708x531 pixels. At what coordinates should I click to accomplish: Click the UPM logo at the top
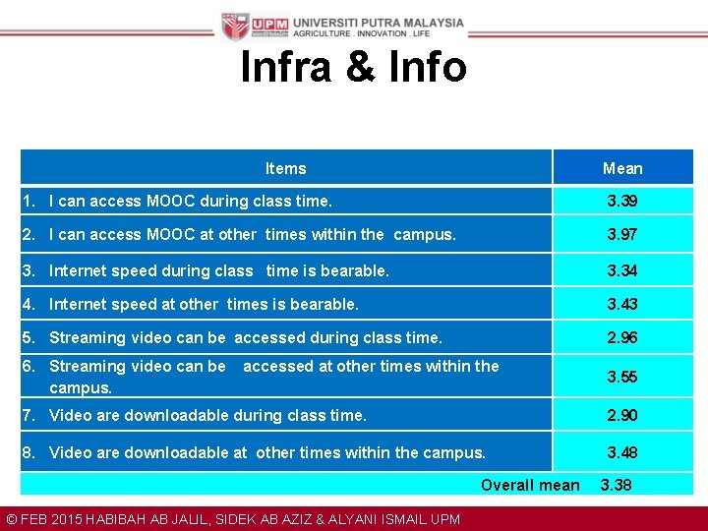tap(255, 27)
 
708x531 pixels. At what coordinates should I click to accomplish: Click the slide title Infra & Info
tap(353, 67)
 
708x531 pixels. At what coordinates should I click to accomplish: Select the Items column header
tap(285, 168)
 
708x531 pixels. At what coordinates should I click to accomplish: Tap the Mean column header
tap(622, 168)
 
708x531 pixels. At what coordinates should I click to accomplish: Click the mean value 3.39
tap(622, 201)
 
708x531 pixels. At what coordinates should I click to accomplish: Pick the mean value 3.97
tap(622, 234)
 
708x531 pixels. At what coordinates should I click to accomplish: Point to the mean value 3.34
tap(622, 270)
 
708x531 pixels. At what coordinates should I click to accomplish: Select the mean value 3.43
tap(622, 304)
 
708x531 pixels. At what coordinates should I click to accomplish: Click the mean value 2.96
tap(622, 337)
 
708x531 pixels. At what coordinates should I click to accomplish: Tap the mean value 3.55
tap(622, 377)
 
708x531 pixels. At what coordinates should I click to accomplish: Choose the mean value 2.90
tap(622, 415)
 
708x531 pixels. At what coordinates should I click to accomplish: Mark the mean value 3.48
tap(622, 452)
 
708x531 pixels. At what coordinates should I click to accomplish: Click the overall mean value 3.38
tap(617, 485)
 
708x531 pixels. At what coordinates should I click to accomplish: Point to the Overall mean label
tap(530, 485)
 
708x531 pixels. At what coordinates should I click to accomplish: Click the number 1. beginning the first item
tap(31, 201)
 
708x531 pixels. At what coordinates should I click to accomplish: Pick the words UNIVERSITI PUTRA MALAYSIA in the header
tap(379, 22)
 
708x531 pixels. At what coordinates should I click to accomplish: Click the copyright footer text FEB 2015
tap(50, 519)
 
